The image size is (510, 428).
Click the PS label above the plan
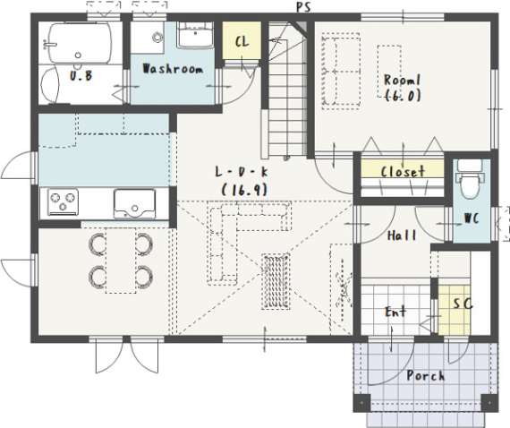click(303, 7)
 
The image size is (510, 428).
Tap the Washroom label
click(173, 69)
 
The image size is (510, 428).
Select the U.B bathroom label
click(81, 75)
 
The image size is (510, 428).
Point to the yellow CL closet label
click(242, 42)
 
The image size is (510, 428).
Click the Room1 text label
click(402, 80)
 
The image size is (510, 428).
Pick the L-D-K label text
click(242, 172)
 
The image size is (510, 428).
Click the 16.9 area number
click(244, 190)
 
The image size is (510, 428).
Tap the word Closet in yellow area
click(403, 172)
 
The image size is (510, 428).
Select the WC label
click(472, 218)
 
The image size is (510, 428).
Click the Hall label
click(402, 235)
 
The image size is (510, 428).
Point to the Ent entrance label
click(395, 312)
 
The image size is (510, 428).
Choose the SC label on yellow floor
click(463, 304)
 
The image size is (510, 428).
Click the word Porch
click(425, 376)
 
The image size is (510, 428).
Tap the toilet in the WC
click(470, 179)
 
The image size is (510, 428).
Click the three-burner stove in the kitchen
click(63, 201)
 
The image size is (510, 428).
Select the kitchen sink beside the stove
click(134, 204)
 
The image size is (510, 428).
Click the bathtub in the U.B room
click(80, 43)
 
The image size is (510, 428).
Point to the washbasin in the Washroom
click(195, 36)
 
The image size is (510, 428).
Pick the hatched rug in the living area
click(276, 282)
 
